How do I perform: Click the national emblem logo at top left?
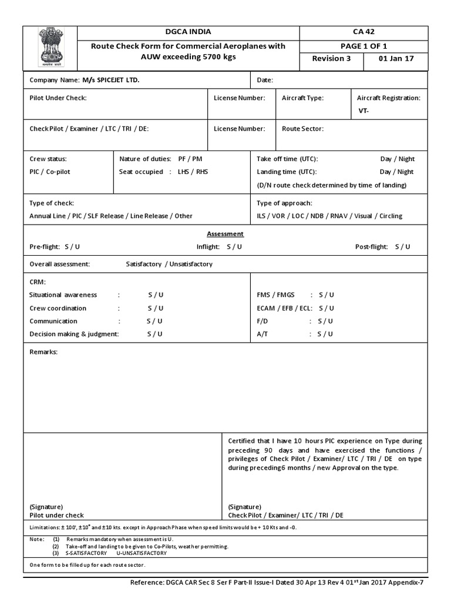pyautogui.click(x=49, y=46)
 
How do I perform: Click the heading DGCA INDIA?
pyautogui.click(x=188, y=32)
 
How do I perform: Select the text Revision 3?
pyautogui.click(x=331, y=59)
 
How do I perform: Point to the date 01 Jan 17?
pyautogui.click(x=398, y=59)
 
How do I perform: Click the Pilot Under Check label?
pyautogui.click(x=58, y=98)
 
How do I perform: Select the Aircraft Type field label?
pyautogui.click(x=302, y=98)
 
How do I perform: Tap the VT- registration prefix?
pyautogui.click(x=365, y=111)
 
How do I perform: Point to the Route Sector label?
pyautogui.click(x=302, y=128)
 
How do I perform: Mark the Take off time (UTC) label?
pyautogui.click(x=287, y=159)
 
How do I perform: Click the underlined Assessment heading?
pyautogui.click(x=225, y=233)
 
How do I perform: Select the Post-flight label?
pyautogui.click(x=372, y=247)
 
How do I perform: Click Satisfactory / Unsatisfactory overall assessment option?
pyautogui.click(x=169, y=264)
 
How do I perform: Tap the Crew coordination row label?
pyautogui.click(x=58, y=308)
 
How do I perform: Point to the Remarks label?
pyautogui.click(x=43, y=352)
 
